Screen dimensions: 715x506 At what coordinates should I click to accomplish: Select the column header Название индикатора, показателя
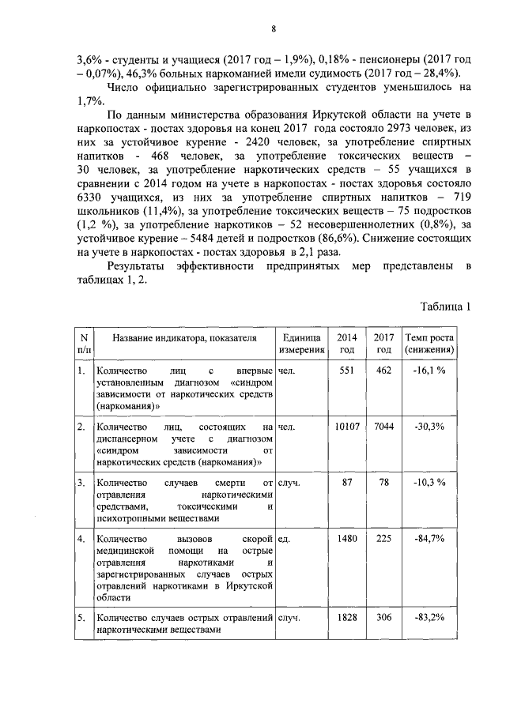tap(185, 338)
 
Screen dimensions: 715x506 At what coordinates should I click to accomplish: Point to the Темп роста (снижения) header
tap(429, 344)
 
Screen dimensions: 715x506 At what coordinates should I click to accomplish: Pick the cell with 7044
tap(383, 427)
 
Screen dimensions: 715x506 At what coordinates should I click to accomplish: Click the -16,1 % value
tap(429, 370)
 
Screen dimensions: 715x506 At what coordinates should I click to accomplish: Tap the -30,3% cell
tap(429, 427)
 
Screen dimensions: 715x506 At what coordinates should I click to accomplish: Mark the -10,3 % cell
tap(429, 483)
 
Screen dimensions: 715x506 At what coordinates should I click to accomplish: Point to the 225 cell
tap(383, 539)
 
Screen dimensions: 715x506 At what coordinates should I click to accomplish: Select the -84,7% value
tap(429, 539)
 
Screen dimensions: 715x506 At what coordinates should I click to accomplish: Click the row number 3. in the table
tap(81, 483)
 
